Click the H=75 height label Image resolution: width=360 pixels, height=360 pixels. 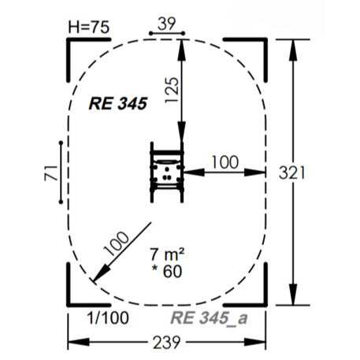tap(88, 27)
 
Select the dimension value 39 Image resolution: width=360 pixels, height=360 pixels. tap(166, 24)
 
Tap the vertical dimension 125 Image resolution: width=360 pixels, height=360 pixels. tap(172, 90)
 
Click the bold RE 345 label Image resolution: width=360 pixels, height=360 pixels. tap(118, 103)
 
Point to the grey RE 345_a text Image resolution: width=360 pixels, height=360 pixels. tap(209, 318)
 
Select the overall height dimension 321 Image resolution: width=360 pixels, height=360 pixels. tap(291, 173)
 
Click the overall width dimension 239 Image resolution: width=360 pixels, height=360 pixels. tap(166, 343)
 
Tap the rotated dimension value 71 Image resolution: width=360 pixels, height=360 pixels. tap(51, 173)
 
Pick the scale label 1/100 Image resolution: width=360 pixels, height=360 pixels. tap(108, 317)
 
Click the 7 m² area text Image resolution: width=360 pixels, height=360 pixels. tap(167, 254)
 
